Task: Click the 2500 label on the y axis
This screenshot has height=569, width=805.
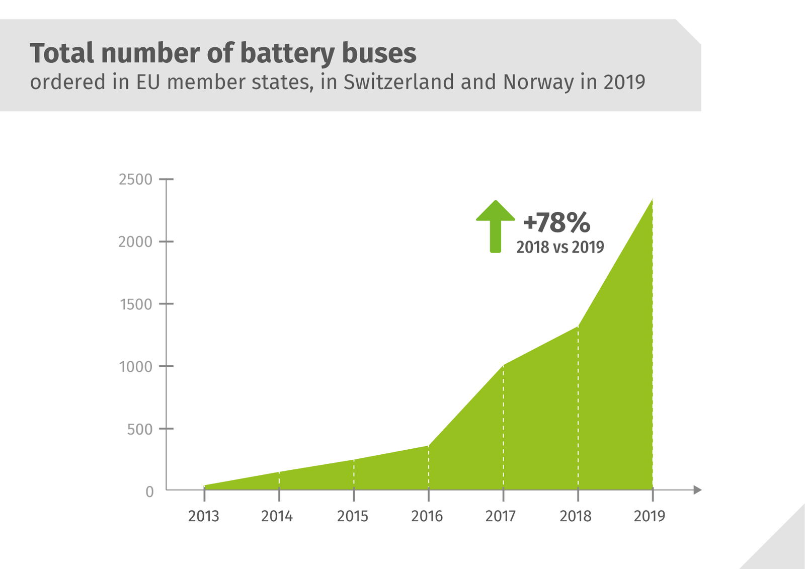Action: click(x=135, y=180)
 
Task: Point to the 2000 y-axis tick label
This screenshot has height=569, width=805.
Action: click(x=135, y=242)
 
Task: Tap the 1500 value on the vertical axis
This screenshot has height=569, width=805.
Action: click(x=136, y=304)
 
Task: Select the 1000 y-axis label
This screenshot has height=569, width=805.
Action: click(x=136, y=367)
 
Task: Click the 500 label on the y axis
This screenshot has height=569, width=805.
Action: click(x=140, y=429)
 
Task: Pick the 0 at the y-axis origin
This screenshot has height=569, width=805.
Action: click(x=149, y=492)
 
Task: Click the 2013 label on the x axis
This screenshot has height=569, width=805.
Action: click(x=203, y=516)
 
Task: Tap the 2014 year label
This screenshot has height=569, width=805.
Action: click(x=277, y=516)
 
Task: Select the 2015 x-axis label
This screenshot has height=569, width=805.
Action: click(x=353, y=516)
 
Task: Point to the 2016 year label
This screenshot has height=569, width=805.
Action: click(x=427, y=516)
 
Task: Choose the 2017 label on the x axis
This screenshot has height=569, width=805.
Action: click(x=501, y=516)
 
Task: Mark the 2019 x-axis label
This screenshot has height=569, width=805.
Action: click(x=650, y=516)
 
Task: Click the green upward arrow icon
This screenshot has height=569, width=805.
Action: click(x=496, y=226)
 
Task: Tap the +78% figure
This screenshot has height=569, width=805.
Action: click(x=556, y=222)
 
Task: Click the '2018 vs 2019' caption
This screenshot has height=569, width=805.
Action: click(x=560, y=247)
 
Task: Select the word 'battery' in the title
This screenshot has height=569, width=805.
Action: click(x=286, y=53)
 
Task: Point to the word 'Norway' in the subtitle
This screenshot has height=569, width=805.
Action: click(x=538, y=83)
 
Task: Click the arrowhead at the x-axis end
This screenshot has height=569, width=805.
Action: click(x=697, y=490)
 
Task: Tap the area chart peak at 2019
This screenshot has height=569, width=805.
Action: click(x=652, y=199)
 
